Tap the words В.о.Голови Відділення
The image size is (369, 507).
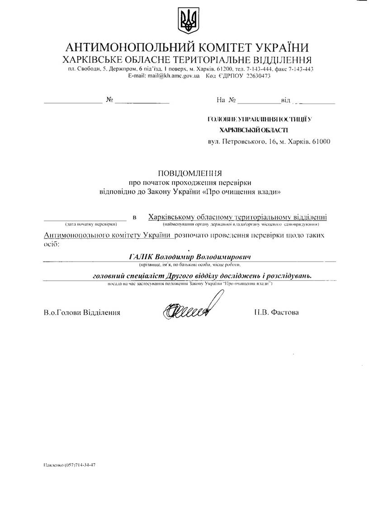coord(82,312)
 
